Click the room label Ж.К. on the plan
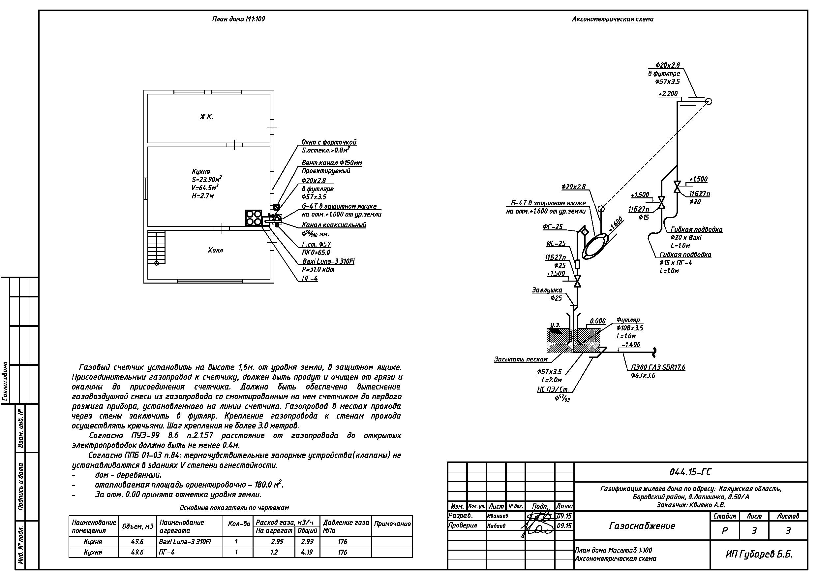(x=207, y=117)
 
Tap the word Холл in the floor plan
(x=215, y=250)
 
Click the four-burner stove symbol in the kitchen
(x=254, y=218)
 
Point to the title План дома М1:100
(x=238, y=19)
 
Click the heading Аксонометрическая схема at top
(x=613, y=19)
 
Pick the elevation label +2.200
(x=668, y=94)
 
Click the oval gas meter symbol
(x=595, y=246)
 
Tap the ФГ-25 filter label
(x=553, y=226)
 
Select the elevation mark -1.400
(x=631, y=345)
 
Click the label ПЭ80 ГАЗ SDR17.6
(x=658, y=367)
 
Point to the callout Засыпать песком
(x=521, y=359)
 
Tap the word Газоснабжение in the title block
(x=642, y=526)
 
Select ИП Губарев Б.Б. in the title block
(x=759, y=554)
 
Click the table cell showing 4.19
(x=307, y=552)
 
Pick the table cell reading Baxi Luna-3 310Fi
(x=185, y=542)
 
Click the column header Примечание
(x=392, y=524)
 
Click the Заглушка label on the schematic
(x=547, y=290)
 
